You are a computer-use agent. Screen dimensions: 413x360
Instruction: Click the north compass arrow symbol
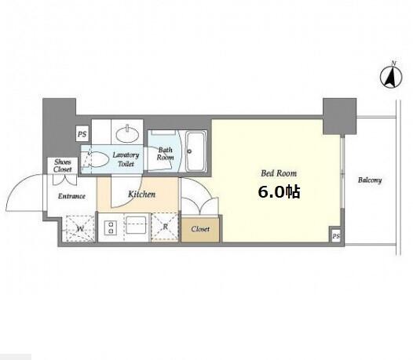[x=391, y=78]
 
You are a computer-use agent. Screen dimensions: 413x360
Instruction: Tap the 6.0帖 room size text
[x=280, y=192]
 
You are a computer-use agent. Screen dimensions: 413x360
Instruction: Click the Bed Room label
[x=279, y=173]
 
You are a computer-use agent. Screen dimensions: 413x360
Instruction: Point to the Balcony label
[x=370, y=180]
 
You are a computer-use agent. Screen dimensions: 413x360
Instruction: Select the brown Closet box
[x=200, y=229]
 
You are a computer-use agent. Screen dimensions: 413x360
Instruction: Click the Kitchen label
[x=141, y=195]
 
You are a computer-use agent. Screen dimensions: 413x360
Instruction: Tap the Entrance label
[x=71, y=196]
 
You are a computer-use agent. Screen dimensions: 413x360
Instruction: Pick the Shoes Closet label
[x=63, y=165]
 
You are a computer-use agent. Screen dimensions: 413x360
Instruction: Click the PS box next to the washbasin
[x=82, y=134]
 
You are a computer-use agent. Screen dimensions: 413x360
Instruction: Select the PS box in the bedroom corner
[x=336, y=236]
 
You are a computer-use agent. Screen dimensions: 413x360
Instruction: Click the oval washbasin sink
[x=128, y=134]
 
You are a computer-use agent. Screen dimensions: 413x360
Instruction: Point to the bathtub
[x=196, y=151]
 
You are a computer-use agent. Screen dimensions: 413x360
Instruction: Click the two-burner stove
[x=111, y=228]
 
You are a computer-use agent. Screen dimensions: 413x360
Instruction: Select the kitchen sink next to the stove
[x=136, y=224]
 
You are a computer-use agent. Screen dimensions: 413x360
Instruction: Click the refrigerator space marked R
[x=165, y=227]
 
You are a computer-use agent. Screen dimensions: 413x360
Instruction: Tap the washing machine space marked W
[x=80, y=229]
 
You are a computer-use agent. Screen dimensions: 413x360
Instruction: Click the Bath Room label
[x=166, y=154]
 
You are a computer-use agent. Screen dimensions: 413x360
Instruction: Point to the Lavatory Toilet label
[x=126, y=159]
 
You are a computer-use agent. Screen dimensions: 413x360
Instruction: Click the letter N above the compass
[x=394, y=64]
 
